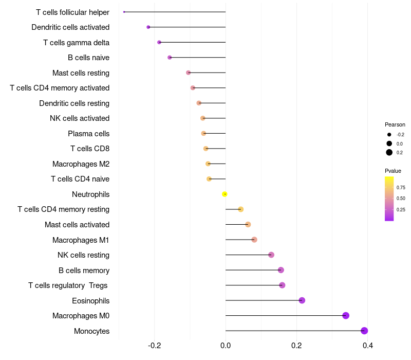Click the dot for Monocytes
click(x=364, y=331)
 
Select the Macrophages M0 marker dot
click(x=346, y=315)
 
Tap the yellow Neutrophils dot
click(x=225, y=194)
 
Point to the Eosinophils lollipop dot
click(x=302, y=300)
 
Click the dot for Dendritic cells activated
click(x=148, y=27)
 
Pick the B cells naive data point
click(x=170, y=57)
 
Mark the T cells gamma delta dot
click(x=159, y=42)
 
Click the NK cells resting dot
click(x=271, y=255)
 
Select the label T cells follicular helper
click(x=72, y=12)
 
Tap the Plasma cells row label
click(x=88, y=134)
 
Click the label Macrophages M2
click(x=81, y=164)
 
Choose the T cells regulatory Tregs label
click(x=68, y=285)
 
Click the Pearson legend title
click(x=395, y=124)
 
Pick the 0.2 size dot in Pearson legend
click(x=389, y=152)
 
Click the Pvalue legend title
click(x=393, y=171)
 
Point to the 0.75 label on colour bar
click(x=401, y=187)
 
